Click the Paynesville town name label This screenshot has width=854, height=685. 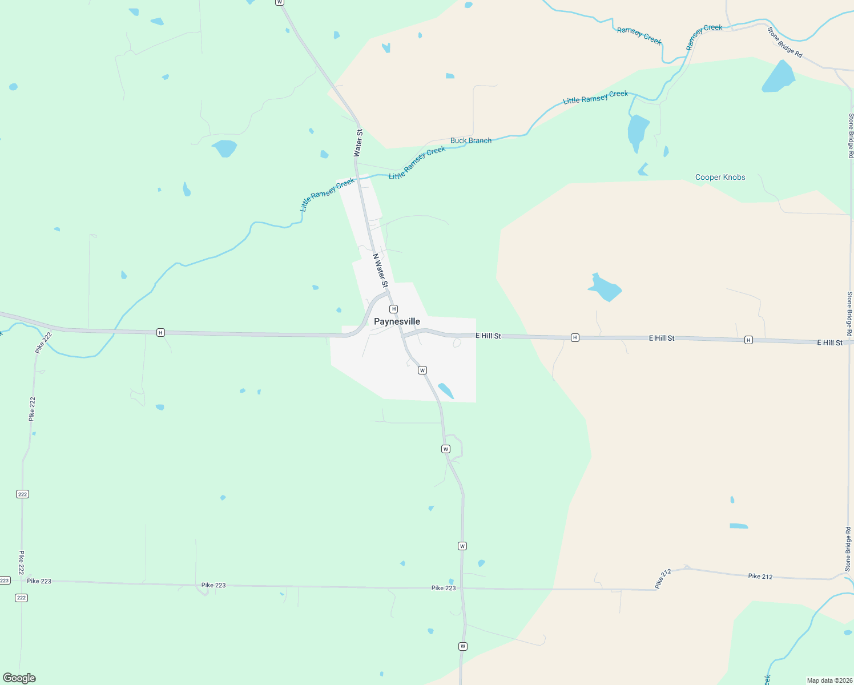(397, 321)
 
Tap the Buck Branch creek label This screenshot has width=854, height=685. (470, 140)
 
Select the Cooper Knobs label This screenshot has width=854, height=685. (720, 177)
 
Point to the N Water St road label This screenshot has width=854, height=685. (380, 271)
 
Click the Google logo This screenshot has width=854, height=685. (19, 678)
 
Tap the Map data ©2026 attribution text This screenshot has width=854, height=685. (829, 680)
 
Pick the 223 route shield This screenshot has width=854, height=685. (5, 581)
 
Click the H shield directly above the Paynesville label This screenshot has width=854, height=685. (393, 309)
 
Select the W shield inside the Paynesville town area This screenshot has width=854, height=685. (422, 370)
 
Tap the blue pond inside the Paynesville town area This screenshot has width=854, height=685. (445, 391)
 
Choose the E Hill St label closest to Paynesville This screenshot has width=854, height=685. (488, 336)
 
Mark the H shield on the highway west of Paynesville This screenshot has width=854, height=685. (160, 332)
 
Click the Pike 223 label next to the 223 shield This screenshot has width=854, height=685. (39, 581)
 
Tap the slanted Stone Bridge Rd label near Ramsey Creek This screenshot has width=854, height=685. (785, 42)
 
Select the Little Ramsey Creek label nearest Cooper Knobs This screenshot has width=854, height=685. (595, 97)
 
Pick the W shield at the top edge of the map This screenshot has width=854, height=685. (279, 2)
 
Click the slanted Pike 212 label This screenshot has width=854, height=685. (663, 579)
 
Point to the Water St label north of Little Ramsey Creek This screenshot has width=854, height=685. (358, 143)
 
